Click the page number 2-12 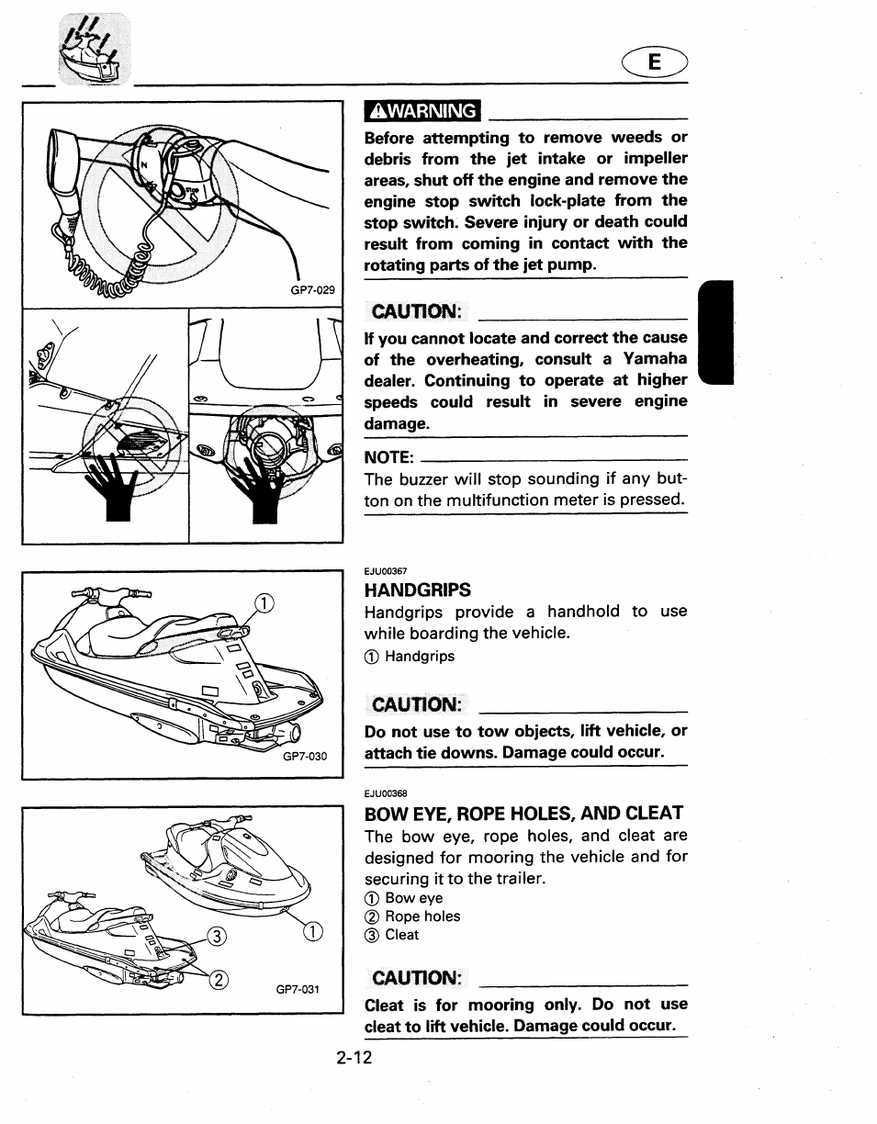pyautogui.click(x=354, y=1059)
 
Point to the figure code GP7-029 pyautogui.click(x=314, y=289)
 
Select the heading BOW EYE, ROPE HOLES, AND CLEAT pyautogui.click(x=524, y=813)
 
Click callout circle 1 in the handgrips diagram pyautogui.click(x=264, y=603)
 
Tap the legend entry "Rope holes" pyautogui.click(x=422, y=916)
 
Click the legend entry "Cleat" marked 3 pyautogui.click(x=401, y=935)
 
